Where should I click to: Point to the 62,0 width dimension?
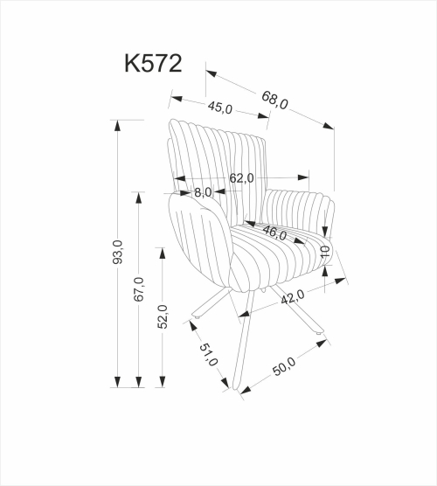[x=241, y=178]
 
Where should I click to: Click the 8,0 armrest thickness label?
[x=203, y=191]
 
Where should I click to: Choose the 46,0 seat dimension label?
[x=275, y=233]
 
